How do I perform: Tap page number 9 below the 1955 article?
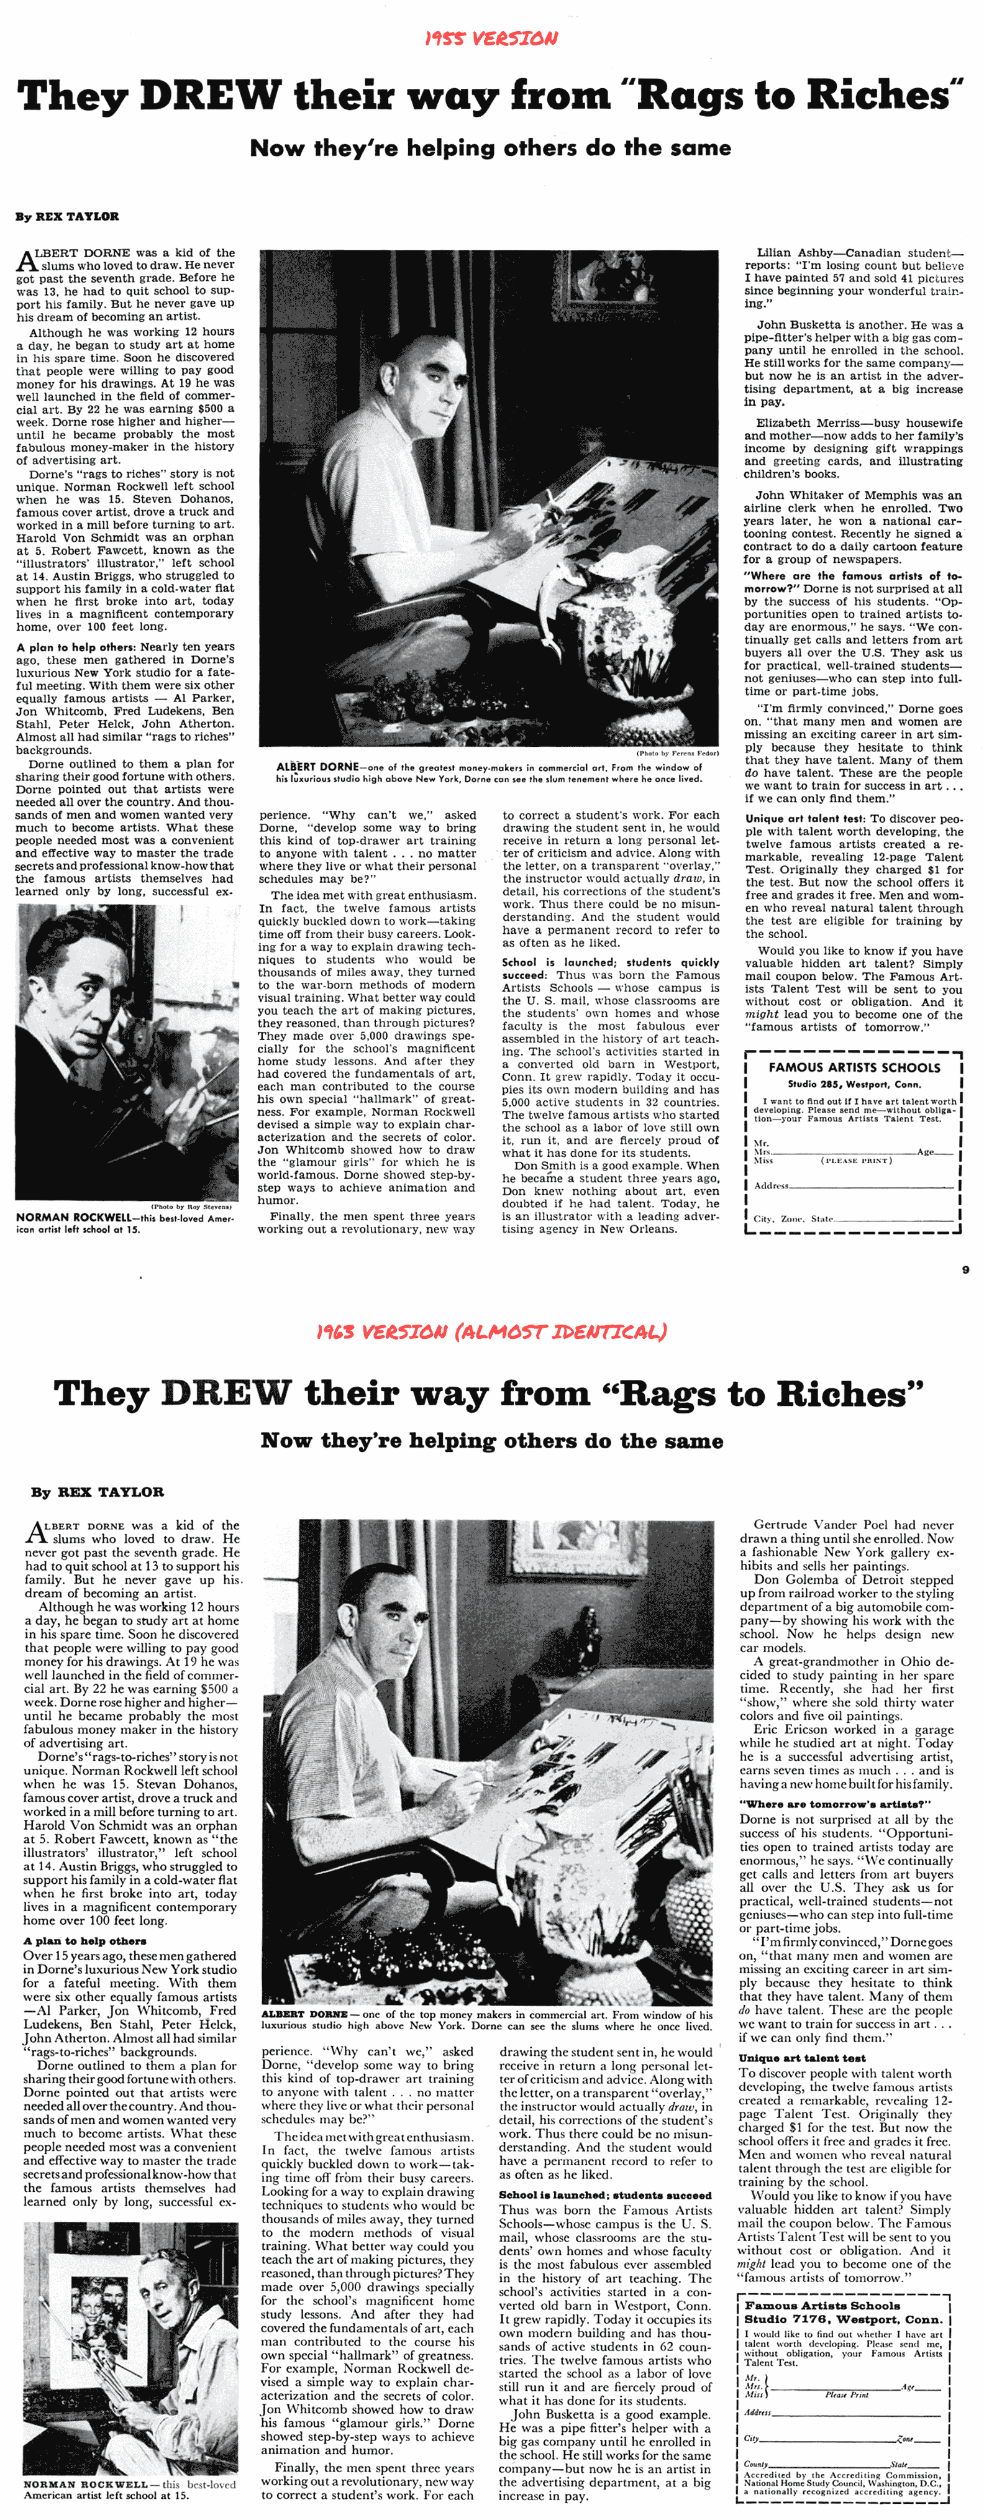coord(965,1270)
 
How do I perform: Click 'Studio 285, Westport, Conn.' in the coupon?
coord(854,1084)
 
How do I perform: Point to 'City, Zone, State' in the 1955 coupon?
coord(795,1219)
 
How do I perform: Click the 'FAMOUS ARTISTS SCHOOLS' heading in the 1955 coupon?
coord(854,1067)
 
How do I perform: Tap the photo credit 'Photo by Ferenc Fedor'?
coord(677,753)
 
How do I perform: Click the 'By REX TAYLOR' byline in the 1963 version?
coord(97,1492)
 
